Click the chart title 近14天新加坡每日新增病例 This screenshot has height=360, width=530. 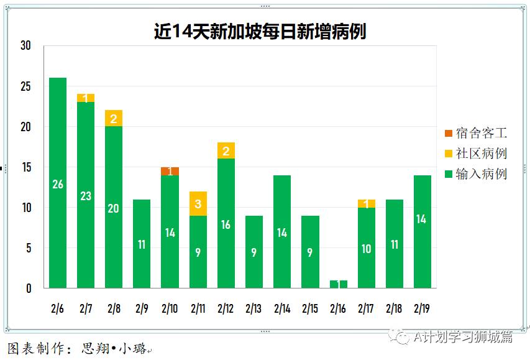click(x=260, y=32)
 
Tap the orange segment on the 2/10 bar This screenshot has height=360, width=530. click(x=170, y=171)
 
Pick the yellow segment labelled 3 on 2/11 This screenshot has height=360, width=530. click(x=198, y=203)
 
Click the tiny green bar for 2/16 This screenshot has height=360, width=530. click(x=338, y=284)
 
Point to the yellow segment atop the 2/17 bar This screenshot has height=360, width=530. click(x=367, y=203)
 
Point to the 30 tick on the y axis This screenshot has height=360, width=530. click(x=25, y=45)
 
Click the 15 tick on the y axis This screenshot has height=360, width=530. click(x=25, y=167)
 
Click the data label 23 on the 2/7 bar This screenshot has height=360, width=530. click(x=86, y=196)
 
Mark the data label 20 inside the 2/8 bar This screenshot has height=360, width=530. click(x=114, y=208)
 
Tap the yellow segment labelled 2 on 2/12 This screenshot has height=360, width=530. click(x=226, y=150)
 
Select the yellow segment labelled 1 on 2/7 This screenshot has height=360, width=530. click(x=86, y=98)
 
